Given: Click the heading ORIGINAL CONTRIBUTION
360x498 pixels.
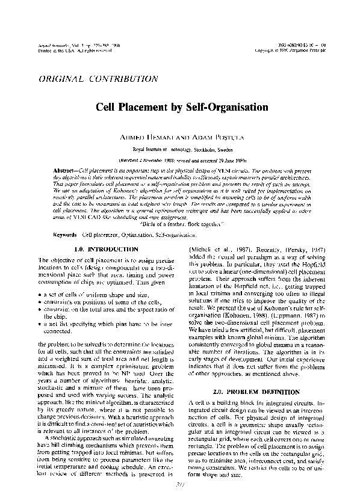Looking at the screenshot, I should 90,79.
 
